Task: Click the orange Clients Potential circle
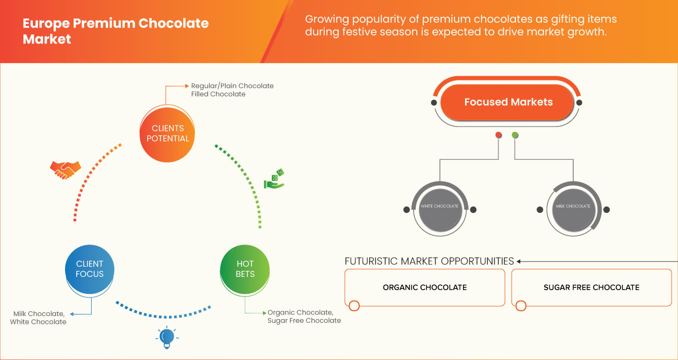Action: (x=167, y=133)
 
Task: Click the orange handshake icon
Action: (x=65, y=170)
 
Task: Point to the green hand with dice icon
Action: (x=274, y=179)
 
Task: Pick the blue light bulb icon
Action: (x=167, y=337)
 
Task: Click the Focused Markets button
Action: (x=508, y=102)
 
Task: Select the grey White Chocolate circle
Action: (x=439, y=206)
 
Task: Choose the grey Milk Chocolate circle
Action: (x=573, y=206)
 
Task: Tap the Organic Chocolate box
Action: (x=424, y=287)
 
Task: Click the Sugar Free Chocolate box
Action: (x=591, y=287)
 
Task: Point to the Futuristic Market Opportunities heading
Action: (x=429, y=261)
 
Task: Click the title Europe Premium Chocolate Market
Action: (x=115, y=31)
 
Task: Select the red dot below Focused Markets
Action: (x=498, y=136)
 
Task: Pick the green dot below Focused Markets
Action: (x=515, y=136)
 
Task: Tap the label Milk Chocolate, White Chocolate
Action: (x=38, y=318)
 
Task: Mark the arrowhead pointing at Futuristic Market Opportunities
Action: (x=519, y=261)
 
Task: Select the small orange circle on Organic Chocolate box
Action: (x=354, y=305)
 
